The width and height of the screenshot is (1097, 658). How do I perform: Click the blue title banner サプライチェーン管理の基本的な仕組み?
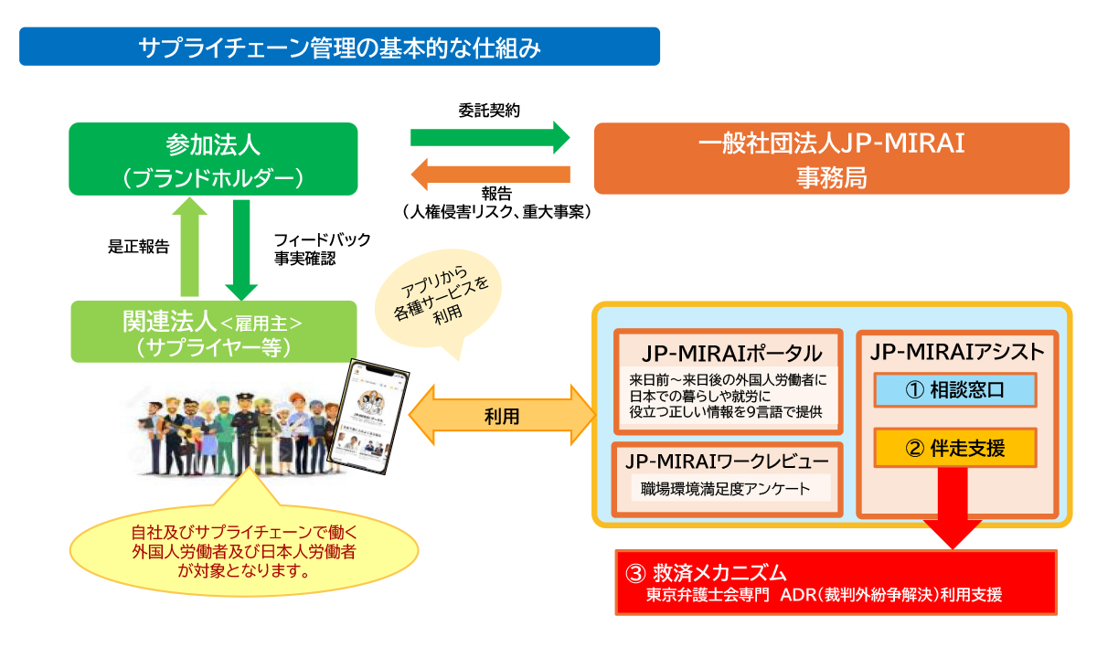click(339, 47)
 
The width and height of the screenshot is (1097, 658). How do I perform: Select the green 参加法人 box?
click(213, 159)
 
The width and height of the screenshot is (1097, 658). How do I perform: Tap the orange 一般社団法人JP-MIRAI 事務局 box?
click(831, 158)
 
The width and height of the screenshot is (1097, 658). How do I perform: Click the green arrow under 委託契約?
click(489, 138)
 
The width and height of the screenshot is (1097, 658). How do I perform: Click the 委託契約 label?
click(489, 111)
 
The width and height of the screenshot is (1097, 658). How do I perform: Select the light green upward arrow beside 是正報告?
click(190, 246)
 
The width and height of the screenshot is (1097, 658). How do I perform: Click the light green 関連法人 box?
click(213, 333)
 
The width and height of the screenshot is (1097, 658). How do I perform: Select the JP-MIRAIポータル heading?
click(728, 353)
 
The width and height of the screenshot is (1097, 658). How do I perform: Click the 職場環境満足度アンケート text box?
click(727, 488)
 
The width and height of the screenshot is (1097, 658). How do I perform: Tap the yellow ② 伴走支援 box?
click(954, 448)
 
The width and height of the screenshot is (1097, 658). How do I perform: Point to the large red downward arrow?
click(954, 512)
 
